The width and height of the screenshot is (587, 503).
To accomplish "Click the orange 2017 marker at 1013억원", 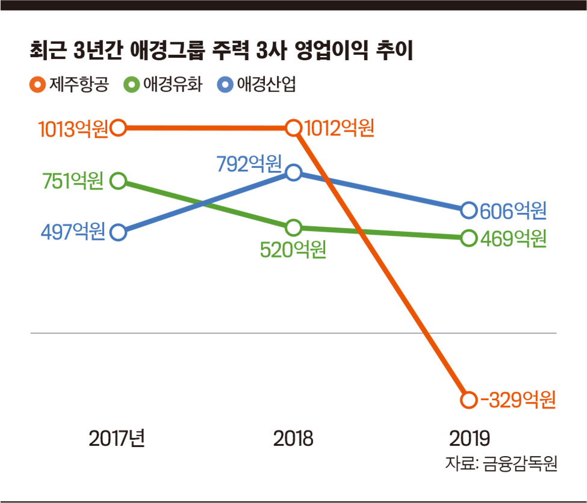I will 119,128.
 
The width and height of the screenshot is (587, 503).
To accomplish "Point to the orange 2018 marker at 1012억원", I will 293,128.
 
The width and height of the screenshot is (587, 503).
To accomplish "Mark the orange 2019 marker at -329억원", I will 468,400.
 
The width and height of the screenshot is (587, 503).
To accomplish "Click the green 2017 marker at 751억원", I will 119,181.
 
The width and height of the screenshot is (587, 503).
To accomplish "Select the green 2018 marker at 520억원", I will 293,228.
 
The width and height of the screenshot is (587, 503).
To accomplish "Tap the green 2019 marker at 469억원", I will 468,238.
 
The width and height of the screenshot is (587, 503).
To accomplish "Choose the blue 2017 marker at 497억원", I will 119,232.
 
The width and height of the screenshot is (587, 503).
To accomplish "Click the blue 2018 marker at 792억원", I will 293,173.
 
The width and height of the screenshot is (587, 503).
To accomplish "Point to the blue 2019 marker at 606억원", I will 468,210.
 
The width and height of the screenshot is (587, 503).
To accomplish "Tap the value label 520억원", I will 293,250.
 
